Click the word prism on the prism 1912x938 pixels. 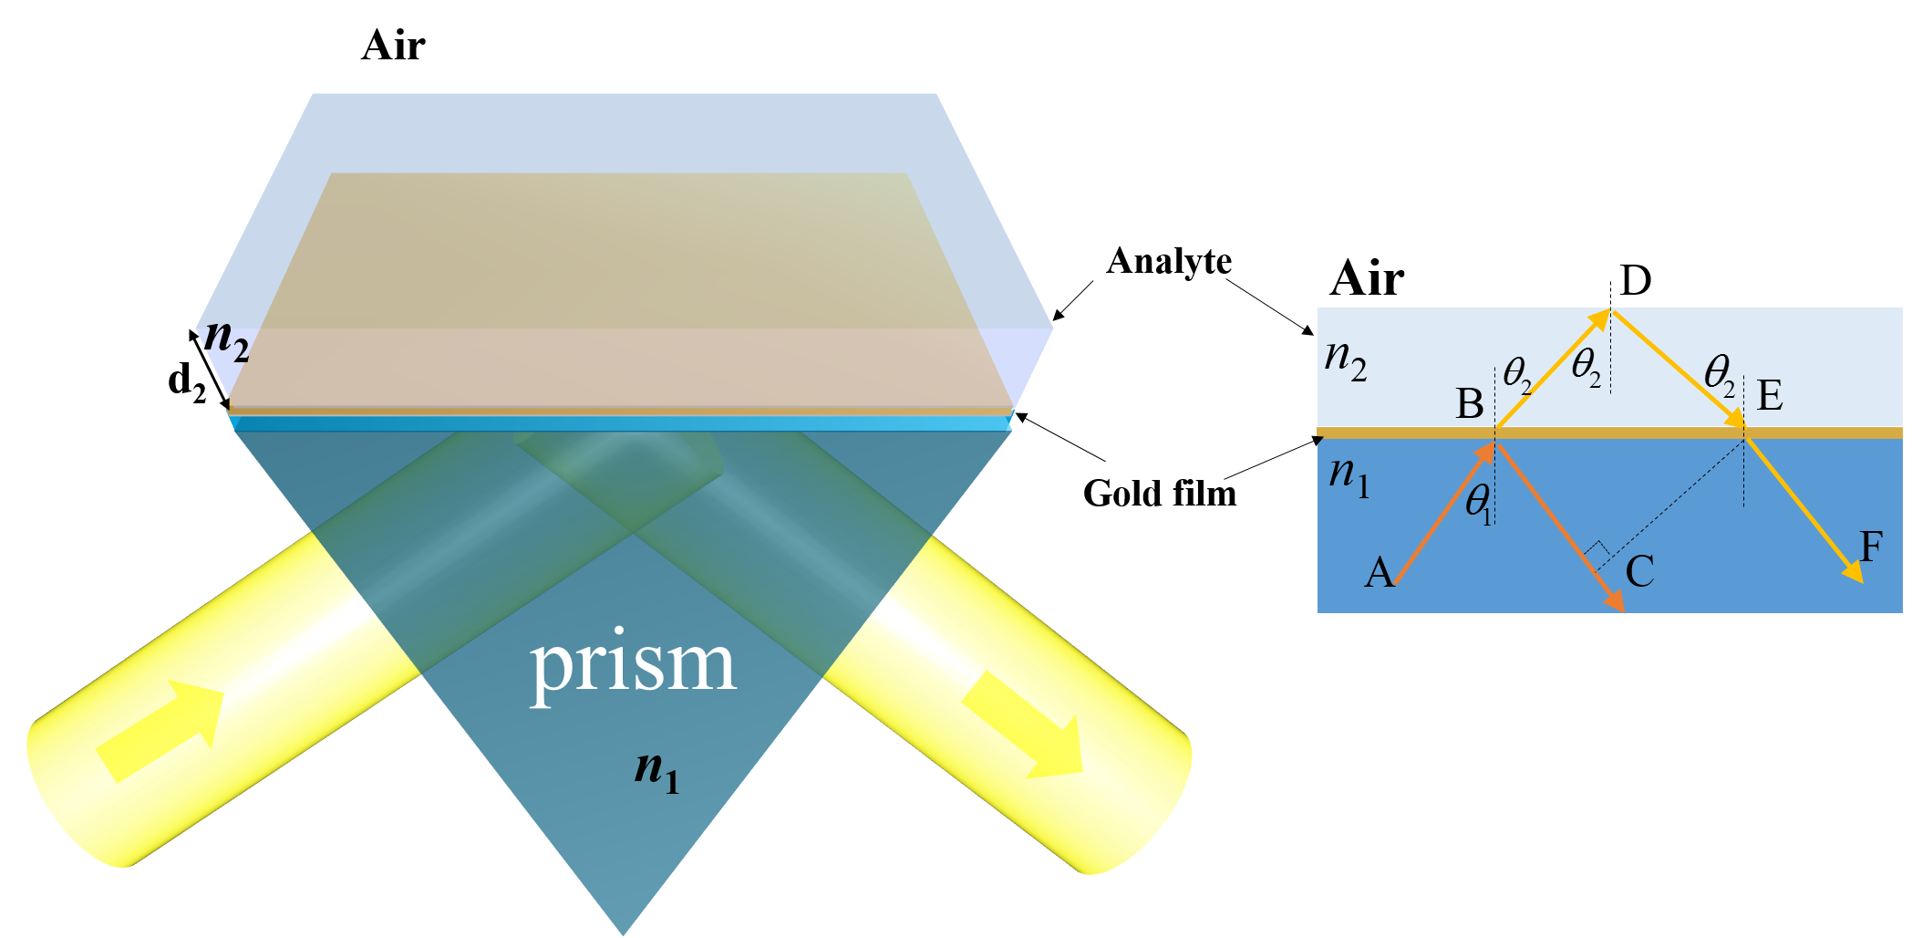pyautogui.click(x=633, y=664)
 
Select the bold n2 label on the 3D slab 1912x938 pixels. pyautogui.click(x=226, y=339)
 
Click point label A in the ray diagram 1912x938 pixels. pyautogui.click(x=1379, y=573)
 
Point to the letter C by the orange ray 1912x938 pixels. pyautogui.click(x=1639, y=572)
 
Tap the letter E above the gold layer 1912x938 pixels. pyautogui.click(x=1769, y=396)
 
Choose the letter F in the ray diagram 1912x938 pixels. pyautogui.click(x=1871, y=547)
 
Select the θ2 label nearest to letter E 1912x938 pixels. pyautogui.click(x=1720, y=375)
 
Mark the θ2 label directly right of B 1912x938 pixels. pyautogui.click(x=1517, y=373)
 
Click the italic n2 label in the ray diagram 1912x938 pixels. pyautogui.click(x=1345, y=359)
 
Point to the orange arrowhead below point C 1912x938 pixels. pyautogui.click(x=1616, y=602)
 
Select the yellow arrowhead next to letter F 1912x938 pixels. pyautogui.click(x=1853, y=572)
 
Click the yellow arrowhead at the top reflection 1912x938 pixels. pyautogui.click(x=1600, y=318)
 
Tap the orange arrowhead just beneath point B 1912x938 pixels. pyautogui.click(x=1486, y=451)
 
